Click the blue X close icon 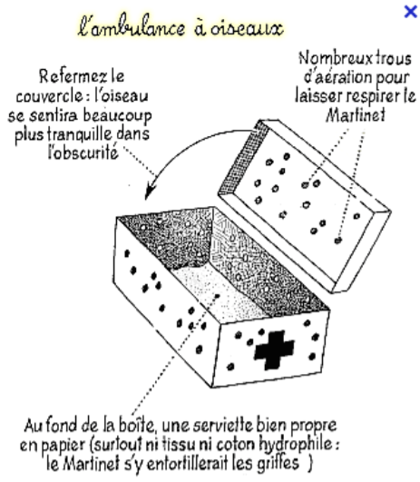coord(411,12)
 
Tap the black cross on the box coord(274,349)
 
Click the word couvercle coord(49,96)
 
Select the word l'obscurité coord(83,152)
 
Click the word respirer coord(374,96)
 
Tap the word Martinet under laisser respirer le coord(356,115)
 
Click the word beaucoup coord(117,116)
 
